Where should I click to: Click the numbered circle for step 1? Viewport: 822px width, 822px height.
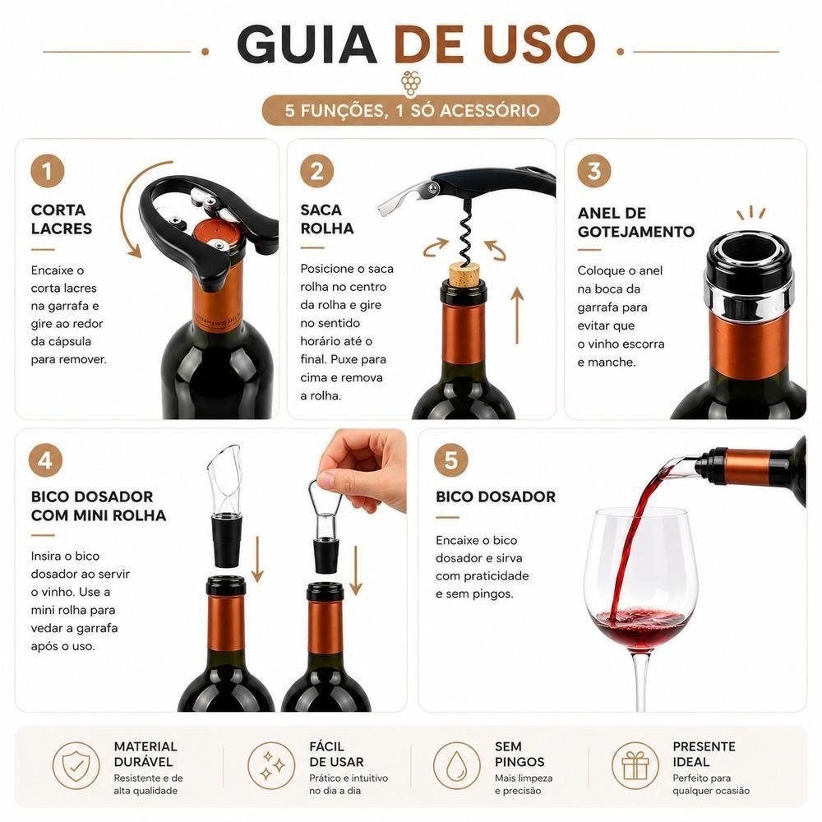pos(47,171)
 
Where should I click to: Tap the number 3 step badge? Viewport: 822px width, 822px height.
pos(594,171)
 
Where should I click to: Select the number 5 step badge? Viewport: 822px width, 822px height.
pos(450,459)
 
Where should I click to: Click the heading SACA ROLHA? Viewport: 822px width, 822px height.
pos(326,219)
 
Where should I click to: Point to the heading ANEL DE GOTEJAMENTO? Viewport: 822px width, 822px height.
pos(636,222)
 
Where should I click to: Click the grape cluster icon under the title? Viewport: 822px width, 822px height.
pos(410,83)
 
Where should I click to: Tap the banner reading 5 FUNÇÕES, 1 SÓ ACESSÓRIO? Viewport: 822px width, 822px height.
pos(411,110)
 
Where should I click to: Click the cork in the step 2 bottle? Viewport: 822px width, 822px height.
pos(464,273)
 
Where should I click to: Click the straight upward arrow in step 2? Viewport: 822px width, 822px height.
pos(517,315)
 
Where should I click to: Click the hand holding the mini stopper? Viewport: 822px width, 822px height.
pos(363,470)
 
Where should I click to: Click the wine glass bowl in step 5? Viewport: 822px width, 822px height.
pos(640,581)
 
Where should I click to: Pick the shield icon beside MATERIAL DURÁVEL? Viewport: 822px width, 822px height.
pos(76,765)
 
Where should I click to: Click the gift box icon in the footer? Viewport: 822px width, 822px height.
pos(635,765)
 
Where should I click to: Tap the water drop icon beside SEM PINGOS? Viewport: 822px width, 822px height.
pos(456,765)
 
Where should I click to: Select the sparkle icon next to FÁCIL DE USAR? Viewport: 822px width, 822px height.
pos(271,765)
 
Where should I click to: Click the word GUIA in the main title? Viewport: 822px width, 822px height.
pos(307,44)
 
